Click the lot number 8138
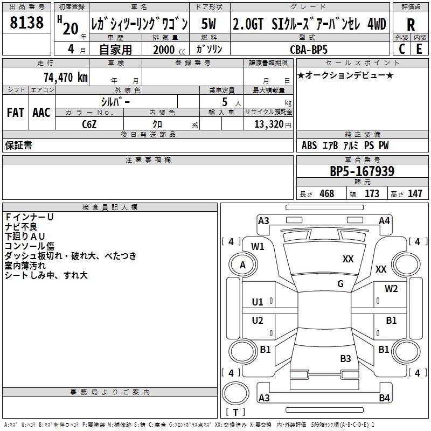point(26,23)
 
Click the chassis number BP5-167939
point(362,171)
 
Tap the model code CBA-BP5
point(316,49)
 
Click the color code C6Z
point(90,123)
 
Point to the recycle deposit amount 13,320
point(269,124)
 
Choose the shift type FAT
point(15,112)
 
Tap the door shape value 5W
point(209,24)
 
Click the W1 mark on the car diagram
point(258,247)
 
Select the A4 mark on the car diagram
point(384,220)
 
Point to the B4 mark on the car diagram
point(384,398)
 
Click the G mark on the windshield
point(340,284)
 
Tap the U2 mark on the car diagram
point(258,321)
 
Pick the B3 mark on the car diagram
point(345,358)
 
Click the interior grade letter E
point(419,49)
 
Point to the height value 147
point(415,194)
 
